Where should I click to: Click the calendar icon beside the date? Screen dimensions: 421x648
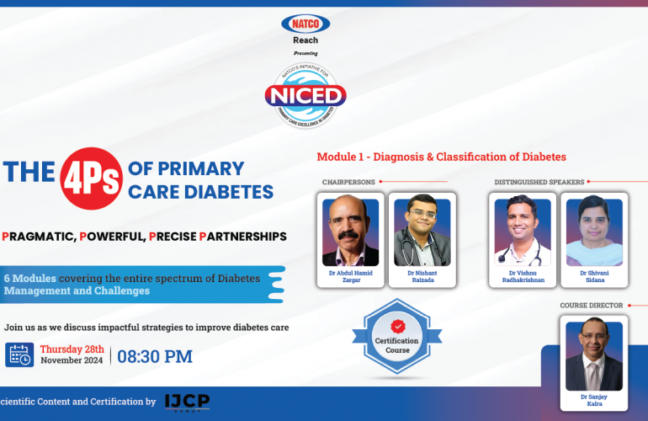pos(19,355)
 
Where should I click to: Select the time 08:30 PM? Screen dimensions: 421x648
pos(155,356)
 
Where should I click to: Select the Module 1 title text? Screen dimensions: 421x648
pos(441,157)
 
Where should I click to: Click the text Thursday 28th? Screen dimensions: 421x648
pos(72,349)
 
